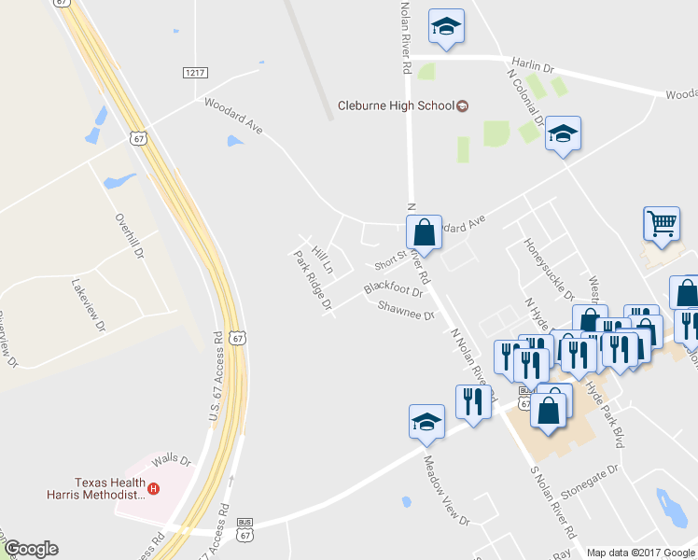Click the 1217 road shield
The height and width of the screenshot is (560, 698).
coord(195,72)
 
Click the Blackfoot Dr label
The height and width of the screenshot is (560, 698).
coord(394,288)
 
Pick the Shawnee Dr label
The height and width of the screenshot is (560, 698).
coord(407,310)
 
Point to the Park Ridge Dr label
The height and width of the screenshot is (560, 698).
coord(313,280)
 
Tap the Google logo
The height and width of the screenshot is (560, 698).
coord(31,549)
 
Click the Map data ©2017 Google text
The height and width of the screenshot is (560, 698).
coord(640,553)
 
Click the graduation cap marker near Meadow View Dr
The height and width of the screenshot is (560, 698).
coord(426,421)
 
